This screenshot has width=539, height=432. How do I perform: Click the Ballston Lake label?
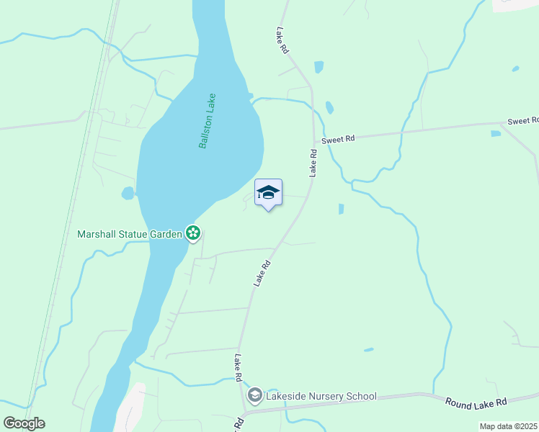coord(208,121)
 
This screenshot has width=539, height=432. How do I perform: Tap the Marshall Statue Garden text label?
coord(130,234)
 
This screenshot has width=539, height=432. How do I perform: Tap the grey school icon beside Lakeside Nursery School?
coord(254,395)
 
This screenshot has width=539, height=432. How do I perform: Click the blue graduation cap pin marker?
coord(268,193)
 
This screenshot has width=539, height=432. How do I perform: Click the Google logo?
coord(24,423)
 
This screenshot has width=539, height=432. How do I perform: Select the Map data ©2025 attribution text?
coord(508,426)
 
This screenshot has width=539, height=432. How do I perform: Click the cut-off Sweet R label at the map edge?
coord(523,121)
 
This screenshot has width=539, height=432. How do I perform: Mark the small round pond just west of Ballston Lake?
coord(128,193)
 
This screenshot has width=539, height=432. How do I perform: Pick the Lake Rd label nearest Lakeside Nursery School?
coord(238,367)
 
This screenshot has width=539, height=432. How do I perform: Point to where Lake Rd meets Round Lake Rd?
coord(245,413)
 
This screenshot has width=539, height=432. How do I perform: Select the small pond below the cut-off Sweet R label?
coord(496,133)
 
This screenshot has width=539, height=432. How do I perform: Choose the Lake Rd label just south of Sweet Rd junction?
coord(313,163)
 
